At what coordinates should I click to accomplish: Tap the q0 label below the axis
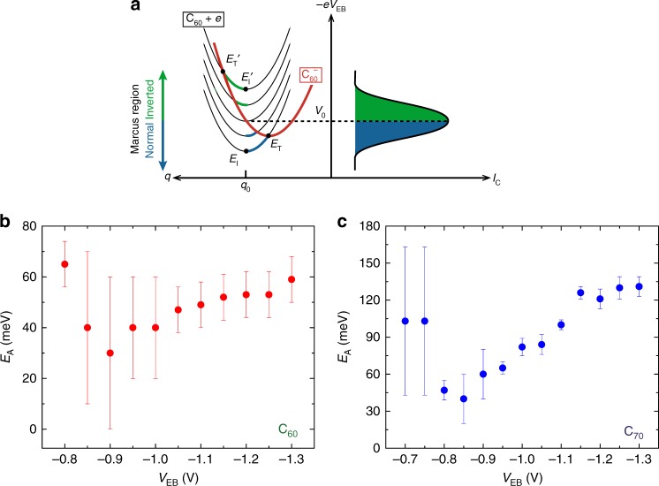pos(245,187)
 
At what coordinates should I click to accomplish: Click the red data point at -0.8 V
pos(64,264)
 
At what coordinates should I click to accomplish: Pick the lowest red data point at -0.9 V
pos(110,353)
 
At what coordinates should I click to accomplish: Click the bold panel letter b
pos(7,222)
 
